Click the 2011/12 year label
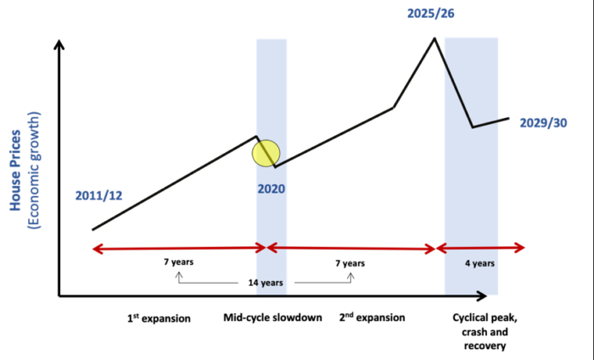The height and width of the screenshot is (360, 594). (x=98, y=195)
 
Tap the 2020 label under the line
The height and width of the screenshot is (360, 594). (x=272, y=188)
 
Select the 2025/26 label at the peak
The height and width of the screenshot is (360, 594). (x=431, y=14)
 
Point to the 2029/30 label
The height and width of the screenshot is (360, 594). (x=543, y=123)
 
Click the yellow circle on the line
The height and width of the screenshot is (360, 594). (x=266, y=153)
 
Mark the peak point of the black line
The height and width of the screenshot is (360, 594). (x=434, y=38)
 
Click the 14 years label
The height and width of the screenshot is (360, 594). (x=266, y=283)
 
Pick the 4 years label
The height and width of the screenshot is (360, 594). (x=479, y=263)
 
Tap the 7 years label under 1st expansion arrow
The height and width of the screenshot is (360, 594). (x=178, y=262)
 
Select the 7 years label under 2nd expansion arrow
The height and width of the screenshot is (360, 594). (x=350, y=263)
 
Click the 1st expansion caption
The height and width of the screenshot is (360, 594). (x=159, y=318)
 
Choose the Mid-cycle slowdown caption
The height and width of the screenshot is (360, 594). (x=272, y=318)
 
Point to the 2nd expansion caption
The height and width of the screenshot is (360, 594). (x=372, y=318)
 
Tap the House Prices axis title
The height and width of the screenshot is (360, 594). (x=15, y=170)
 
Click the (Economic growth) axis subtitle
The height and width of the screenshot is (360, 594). (x=34, y=170)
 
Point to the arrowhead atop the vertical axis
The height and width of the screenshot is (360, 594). (x=59, y=44)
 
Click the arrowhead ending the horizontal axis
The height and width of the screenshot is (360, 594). (x=481, y=296)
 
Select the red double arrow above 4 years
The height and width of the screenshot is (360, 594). (x=480, y=248)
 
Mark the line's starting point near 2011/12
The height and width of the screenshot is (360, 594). (x=93, y=229)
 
